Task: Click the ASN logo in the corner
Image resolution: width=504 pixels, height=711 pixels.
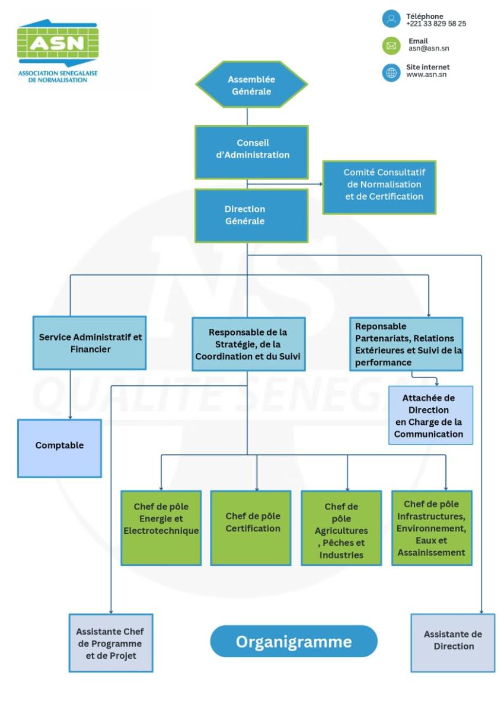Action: [58, 52]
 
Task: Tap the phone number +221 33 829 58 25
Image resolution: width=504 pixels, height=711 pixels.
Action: [436, 24]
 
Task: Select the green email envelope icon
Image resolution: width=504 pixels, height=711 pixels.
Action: [391, 45]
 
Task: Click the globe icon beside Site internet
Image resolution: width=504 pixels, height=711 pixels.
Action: [391, 72]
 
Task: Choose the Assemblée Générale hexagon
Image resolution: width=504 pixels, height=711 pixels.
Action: [251, 84]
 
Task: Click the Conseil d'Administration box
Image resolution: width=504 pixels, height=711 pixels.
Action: [251, 151]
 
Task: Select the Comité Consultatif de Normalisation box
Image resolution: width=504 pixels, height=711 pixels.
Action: [379, 187]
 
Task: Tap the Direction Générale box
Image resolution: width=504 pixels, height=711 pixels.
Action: [251, 216]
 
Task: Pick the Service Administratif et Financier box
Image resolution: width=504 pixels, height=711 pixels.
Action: [90, 343]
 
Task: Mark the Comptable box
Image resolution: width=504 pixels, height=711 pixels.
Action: [59, 448]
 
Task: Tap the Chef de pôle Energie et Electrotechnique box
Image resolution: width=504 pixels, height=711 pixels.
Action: [161, 527]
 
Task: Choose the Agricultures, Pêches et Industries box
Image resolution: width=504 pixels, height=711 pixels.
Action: [342, 527]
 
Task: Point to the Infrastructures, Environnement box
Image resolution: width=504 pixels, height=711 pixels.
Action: [432, 527]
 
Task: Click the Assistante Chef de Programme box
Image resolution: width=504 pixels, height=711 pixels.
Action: [111, 643]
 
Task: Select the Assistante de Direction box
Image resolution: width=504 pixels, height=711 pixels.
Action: [453, 643]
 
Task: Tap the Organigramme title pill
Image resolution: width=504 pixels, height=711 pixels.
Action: [294, 642]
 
